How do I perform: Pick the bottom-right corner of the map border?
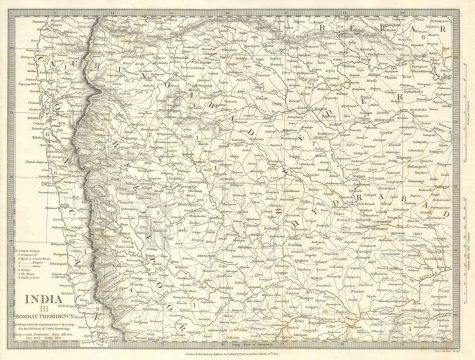pos(465,340)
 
